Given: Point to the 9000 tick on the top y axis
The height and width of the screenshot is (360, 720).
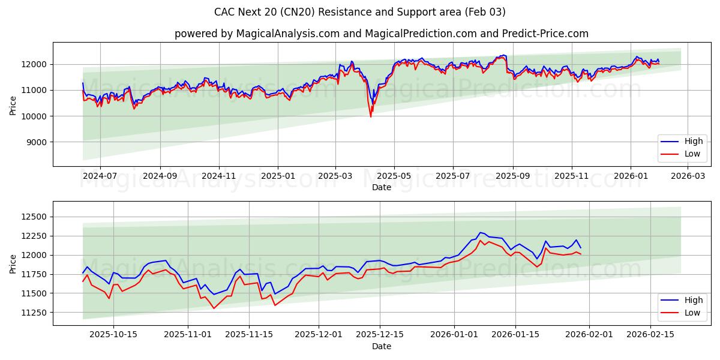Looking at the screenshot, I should (37, 142).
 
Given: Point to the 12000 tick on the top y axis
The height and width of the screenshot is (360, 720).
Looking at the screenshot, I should (35, 64).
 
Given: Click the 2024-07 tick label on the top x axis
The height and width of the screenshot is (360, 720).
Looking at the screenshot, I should (100, 176).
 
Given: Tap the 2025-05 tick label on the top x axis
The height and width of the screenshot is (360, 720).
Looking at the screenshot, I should (394, 176).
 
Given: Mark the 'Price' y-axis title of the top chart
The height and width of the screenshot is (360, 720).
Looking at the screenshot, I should (13, 104).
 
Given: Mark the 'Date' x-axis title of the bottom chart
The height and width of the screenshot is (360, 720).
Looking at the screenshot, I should (382, 346).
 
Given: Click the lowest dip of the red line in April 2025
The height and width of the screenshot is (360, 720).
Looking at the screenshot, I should (370, 116).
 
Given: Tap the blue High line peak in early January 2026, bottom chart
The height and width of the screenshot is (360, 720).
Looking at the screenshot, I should (480, 232).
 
